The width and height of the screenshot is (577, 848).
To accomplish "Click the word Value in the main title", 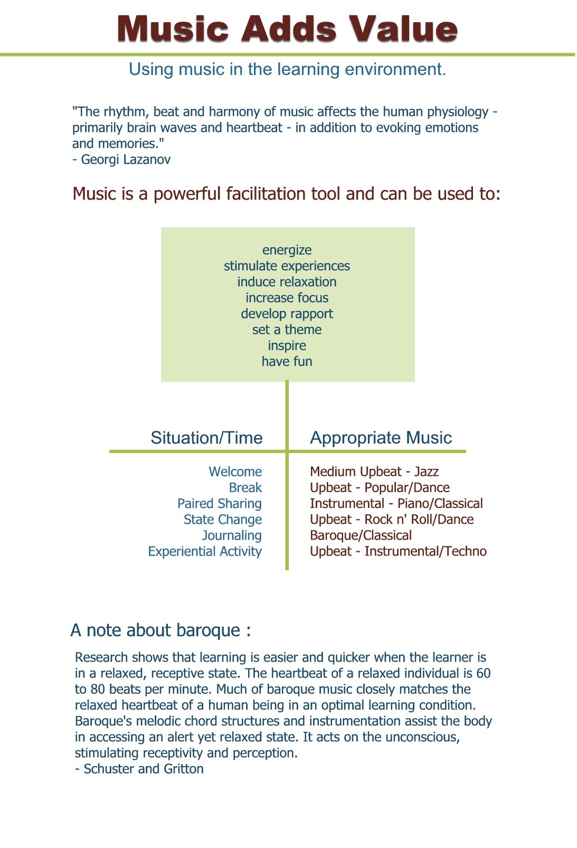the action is click(x=403, y=29).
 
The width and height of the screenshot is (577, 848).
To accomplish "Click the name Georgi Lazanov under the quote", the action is click(x=126, y=160).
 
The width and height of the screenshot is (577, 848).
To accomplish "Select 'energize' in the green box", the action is click(x=287, y=250).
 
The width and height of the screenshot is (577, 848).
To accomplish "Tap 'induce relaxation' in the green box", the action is click(x=287, y=281).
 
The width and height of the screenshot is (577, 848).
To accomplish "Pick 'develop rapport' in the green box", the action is click(x=287, y=314).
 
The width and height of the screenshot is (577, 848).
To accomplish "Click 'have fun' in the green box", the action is click(x=287, y=361).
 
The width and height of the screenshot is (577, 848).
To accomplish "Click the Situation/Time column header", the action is click(x=207, y=438).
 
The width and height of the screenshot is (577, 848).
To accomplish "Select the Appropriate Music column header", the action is click(x=381, y=438).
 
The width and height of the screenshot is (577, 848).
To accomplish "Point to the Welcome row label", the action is click(x=235, y=472).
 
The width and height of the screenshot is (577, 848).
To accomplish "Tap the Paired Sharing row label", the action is click(x=220, y=504).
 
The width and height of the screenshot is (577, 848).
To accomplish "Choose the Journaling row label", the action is click(x=232, y=536).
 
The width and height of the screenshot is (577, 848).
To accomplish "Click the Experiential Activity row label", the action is click(x=205, y=552).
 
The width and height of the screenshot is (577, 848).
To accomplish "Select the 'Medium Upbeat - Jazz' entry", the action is click(x=374, y=472).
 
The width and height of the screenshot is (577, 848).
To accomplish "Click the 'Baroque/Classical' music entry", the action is click(x=361, y=535).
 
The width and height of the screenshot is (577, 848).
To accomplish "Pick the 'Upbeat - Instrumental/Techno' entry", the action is click(x=398, y=551).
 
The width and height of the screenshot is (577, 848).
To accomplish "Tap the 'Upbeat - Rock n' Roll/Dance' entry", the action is click(x=392, y=520).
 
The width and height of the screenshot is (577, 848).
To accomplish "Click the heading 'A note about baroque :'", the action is click(x=160, y=630).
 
